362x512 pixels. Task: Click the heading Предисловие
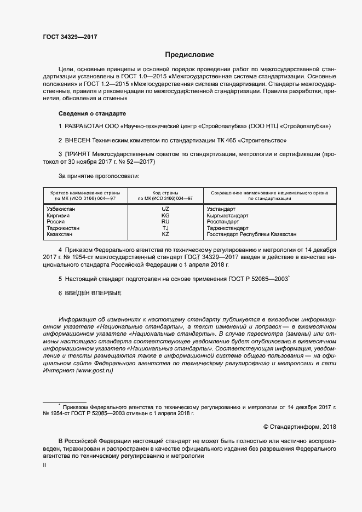189,55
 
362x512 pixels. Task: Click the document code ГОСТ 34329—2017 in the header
70,37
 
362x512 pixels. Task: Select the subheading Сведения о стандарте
91,113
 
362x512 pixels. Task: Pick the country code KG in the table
165,216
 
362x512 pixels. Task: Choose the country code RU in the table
165,222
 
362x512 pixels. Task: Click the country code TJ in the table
165,228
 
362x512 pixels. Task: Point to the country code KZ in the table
165,234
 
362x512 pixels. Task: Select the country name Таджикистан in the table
63,228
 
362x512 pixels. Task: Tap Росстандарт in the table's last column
223,222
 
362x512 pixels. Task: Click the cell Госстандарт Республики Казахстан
251,234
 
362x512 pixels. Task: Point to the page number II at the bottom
44,465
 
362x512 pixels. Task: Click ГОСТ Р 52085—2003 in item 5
257,279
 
